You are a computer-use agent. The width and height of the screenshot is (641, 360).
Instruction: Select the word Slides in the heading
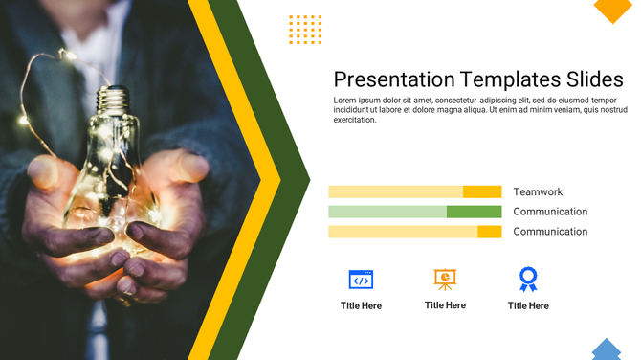pyautogui.click(x=594, y=79)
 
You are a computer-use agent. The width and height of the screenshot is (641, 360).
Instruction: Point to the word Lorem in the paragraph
pyautogui.click(x=345, y=101)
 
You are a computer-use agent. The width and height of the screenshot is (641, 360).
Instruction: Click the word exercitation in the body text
pyautogui.click(x=355, y=120)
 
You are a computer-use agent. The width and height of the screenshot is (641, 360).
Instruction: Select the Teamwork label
pyautogui.click(x=538, y=191)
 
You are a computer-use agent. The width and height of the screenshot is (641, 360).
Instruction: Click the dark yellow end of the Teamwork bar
pyautogui.click(x=482, y=191)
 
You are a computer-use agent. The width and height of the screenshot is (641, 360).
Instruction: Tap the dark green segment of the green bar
pyautogui.click(x=474, y=212)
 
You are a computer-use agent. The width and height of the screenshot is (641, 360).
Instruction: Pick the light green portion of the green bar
pyautogui.click(x=387, y=212)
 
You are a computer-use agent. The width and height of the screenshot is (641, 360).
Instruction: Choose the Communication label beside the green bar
pyautogui.click(x=550, y=212)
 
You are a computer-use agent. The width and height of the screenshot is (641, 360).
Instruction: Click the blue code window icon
pyautogui.click(x=361, y=280)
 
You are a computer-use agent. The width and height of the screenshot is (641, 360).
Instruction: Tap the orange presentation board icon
pyautogui.click(x=445, y=279)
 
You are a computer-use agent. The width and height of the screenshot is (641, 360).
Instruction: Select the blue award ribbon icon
pyautogui.click(x=528, y=279)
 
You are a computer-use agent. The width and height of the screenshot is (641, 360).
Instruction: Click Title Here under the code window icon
pyautogui.click(x=361, y=305)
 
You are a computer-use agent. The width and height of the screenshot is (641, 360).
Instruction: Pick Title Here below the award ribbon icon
pyautogui.click(x=528, y=305)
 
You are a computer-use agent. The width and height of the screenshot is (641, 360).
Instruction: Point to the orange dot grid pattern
pyautogui.click(x=305, y=30)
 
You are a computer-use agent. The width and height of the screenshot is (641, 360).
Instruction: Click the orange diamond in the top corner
pyautogui.click(x=612, y=8)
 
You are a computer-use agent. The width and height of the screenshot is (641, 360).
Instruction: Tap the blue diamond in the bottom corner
pyautogui.click(x=606, y=350)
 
